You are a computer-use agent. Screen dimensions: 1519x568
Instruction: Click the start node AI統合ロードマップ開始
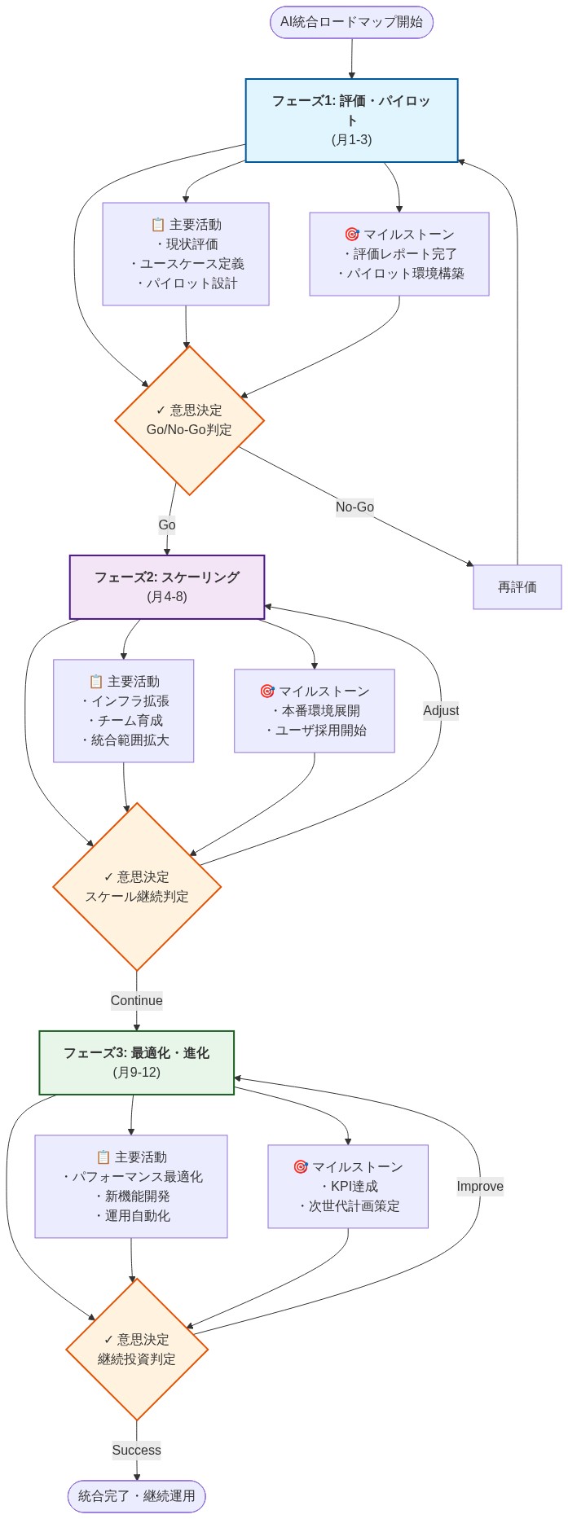[x=351, y=22]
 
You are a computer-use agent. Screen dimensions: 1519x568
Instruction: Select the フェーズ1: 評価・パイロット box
[x=351, y=121]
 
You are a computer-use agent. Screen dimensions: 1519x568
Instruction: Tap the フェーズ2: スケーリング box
[x=167, y=586]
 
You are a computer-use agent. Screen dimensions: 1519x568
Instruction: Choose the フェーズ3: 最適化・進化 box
[x=137, y=1062]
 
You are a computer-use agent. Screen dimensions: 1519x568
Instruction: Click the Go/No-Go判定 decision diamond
[x=189, y=420]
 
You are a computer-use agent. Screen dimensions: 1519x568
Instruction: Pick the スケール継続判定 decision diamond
[x=137, y=887]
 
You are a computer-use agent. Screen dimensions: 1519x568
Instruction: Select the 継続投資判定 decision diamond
[x=137, y=1350]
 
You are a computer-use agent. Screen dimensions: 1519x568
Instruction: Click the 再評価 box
[x=517, y=586]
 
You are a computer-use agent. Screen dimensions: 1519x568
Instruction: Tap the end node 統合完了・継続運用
[x=137, y=1496]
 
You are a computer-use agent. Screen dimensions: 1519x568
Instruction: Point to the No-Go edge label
[x=354, y=507]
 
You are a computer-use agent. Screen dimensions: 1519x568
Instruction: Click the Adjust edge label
[x=441, y=710]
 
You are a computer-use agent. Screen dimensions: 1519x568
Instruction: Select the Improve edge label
[x=480, y=1186]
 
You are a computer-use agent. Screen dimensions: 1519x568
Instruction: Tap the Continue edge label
[x=137, y=1000]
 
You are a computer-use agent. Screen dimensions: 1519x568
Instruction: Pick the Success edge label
[x=137, y=1450]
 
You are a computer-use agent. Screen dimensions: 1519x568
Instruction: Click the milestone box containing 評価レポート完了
[x=399, y=254]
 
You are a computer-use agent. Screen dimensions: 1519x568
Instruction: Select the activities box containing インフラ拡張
[x=124, y=710]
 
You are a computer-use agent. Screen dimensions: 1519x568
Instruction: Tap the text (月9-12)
[x=137, y=1072]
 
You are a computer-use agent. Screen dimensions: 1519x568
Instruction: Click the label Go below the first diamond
[x=167, y=525]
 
